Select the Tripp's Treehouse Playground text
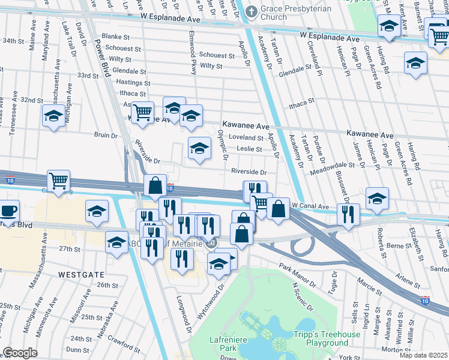click(327, 338)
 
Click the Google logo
click(20, 353)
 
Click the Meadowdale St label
click(332, 164)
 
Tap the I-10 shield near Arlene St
click(425, 299)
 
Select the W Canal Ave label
click(312, 205)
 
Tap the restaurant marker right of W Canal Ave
click(348, 214)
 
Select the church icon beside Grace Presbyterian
click(252, 11)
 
